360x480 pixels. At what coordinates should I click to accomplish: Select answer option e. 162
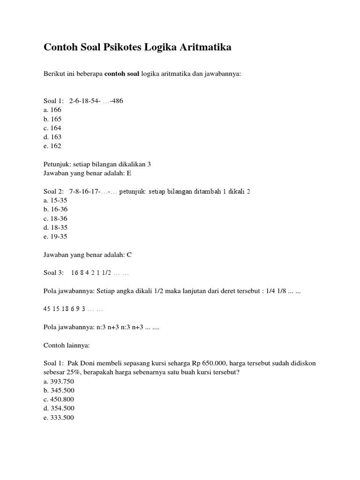pyautogui.click(x=52, y=146)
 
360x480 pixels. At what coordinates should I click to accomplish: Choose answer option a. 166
pyautogui.click(x=52, y=110)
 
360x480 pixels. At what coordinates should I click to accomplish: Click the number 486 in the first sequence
pyautogui.click(x=117, y=101)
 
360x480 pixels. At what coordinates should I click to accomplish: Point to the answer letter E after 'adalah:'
pyautogui.click(x=129, y=173)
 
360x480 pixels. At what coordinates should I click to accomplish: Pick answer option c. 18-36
pyautogui.click(x=55, y=218)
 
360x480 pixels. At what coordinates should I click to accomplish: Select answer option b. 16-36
pyautogui.click(x=55, y=210)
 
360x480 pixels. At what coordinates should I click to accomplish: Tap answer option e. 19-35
pyautogui.click(x=55, y=236)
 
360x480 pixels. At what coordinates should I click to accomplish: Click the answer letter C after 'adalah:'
pyautogui.click(x=129, y=255)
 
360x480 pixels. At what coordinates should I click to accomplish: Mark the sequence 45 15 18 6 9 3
pyautogui.click(x=64, y=309)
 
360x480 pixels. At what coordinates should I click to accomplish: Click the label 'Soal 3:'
pyautogui.click(x=53, y=273)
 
